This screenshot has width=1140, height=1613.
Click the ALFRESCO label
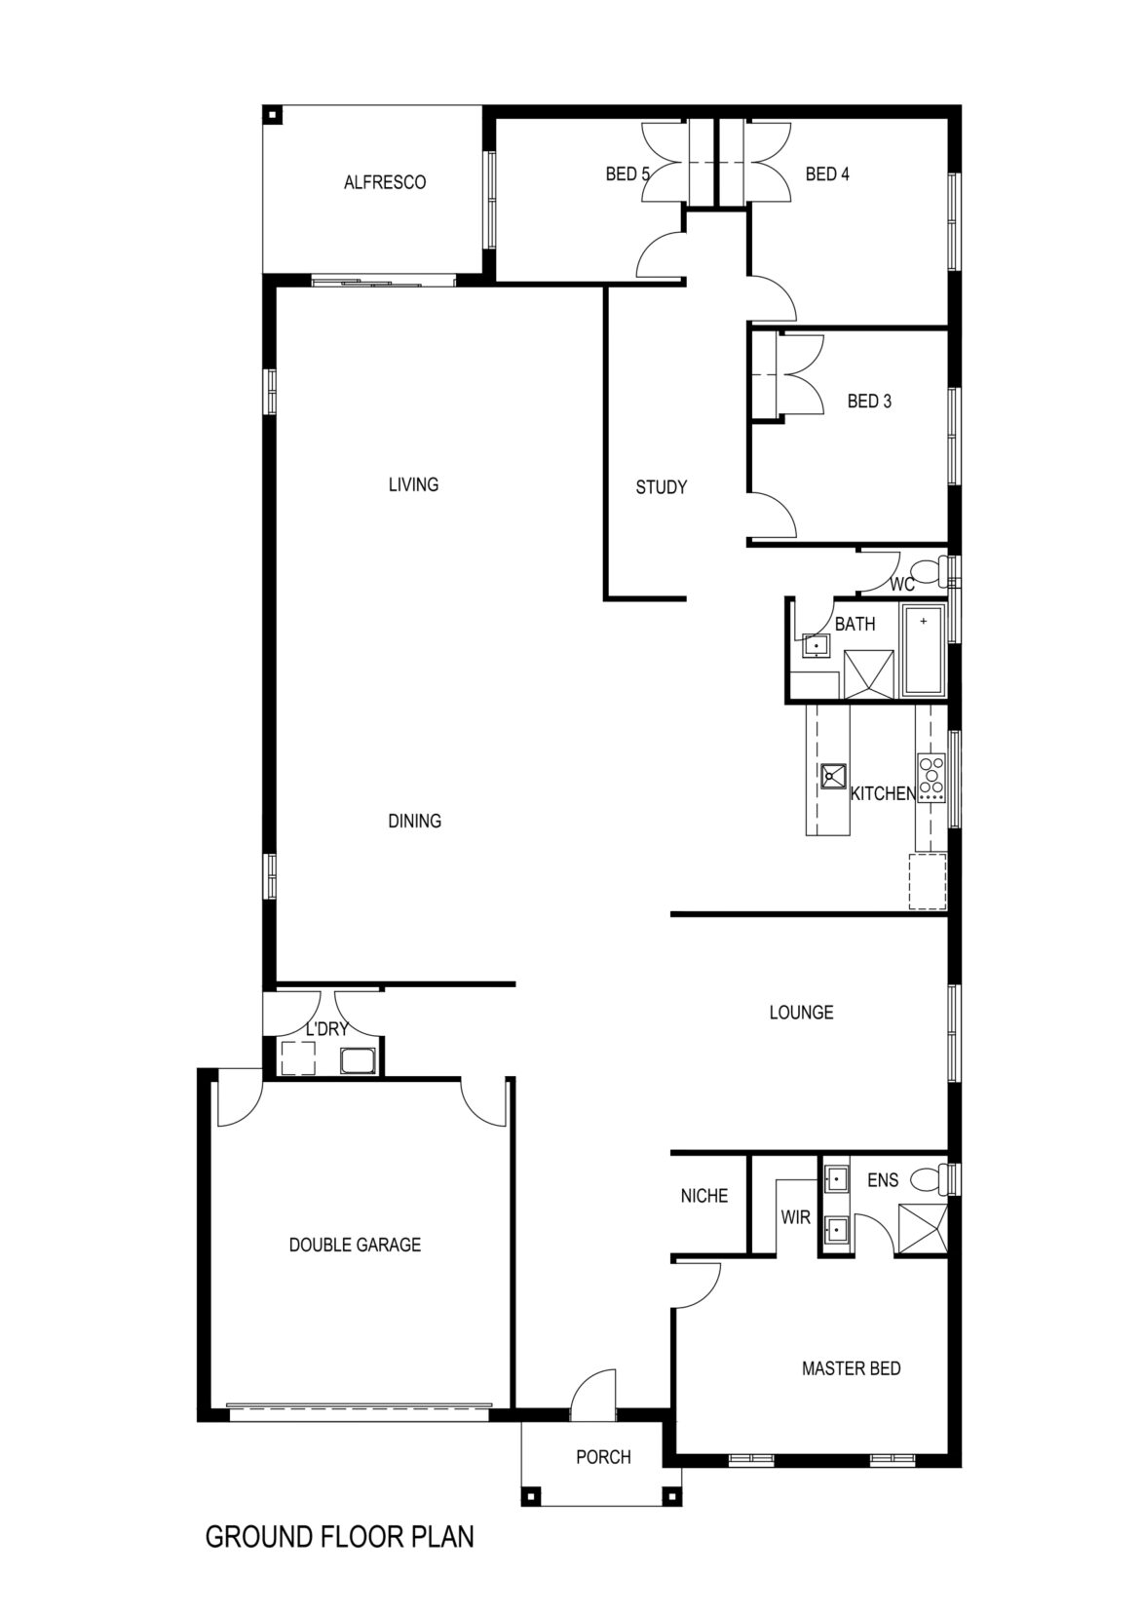(384, 182)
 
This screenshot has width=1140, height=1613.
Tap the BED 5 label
(627, 174)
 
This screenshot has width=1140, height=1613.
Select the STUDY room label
(661, 487)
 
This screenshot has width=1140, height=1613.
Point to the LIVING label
(413, 484)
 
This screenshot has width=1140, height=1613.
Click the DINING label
(414, 821)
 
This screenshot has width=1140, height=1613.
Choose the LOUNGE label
(801, 1013)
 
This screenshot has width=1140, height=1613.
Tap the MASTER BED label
(851, 1368)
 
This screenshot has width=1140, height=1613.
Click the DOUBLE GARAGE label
(355, 1245)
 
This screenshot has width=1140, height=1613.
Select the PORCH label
(603, 1457)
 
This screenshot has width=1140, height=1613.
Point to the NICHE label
(703, 1196)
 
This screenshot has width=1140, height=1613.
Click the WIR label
(796, 1217)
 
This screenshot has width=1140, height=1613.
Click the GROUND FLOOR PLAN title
(340, 1537)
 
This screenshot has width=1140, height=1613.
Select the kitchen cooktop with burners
(931, 777)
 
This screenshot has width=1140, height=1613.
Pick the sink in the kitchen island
(833, 776)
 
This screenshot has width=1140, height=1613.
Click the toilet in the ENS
(930, 1179)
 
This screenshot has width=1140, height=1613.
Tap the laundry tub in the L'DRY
(357, 1061)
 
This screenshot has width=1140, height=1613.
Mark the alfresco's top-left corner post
(272, 115)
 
